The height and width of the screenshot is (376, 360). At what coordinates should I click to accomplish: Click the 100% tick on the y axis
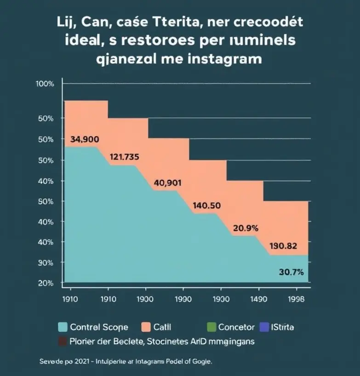[x=45, y=84]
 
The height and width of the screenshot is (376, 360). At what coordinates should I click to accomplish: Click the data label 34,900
[x=85, y=139]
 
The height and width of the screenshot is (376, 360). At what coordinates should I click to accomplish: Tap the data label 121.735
[x=124, y=157]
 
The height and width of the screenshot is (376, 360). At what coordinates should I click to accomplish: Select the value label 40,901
[x=167, y=183]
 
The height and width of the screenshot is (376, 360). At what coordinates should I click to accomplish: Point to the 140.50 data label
[x=207, y=205]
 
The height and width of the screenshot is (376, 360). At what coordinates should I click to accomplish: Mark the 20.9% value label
[x=246, y=227]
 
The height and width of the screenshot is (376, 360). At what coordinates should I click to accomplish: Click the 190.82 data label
[x=283, y=245]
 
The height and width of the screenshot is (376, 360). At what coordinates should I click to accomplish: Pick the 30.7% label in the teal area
[x=291, y=272]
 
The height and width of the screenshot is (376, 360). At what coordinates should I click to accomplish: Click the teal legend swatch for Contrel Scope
[x=63, y=327]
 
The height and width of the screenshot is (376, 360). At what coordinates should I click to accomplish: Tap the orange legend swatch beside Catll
[x=146, y=327]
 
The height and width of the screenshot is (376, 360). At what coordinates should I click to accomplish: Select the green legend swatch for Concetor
[x=211, y=327]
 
